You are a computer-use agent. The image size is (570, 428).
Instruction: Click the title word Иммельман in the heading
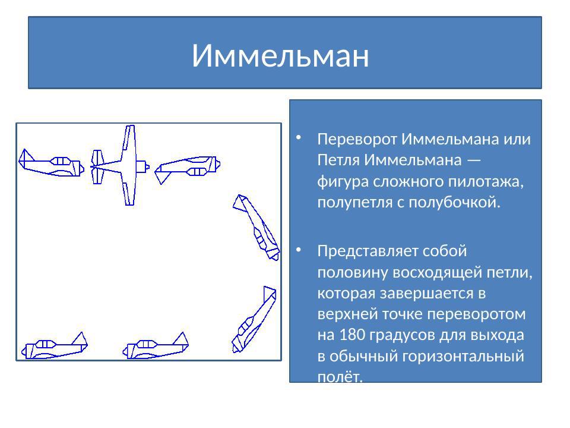click(x=280, y=56)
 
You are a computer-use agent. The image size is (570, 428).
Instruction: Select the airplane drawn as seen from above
click(x=122, y=165)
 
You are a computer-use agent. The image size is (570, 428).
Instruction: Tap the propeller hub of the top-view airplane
click(x=147, y=166)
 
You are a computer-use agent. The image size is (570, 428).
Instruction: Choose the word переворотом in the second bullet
click(x=480, y=314)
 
